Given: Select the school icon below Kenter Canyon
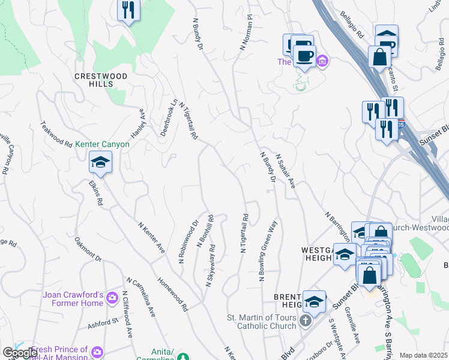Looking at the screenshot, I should click(101, 162).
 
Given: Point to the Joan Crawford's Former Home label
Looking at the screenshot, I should click(73, 299).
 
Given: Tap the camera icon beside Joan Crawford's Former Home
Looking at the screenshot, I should click(112, 298).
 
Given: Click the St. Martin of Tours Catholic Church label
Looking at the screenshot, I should click(262, 322).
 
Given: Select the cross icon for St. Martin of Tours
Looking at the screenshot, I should click(305, 322).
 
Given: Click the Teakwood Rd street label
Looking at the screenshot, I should click(56, 136).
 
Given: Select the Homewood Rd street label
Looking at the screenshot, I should click(173, 295).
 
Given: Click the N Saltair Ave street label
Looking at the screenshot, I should click(285, 172).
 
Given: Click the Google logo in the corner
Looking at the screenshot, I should click(20, 353).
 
